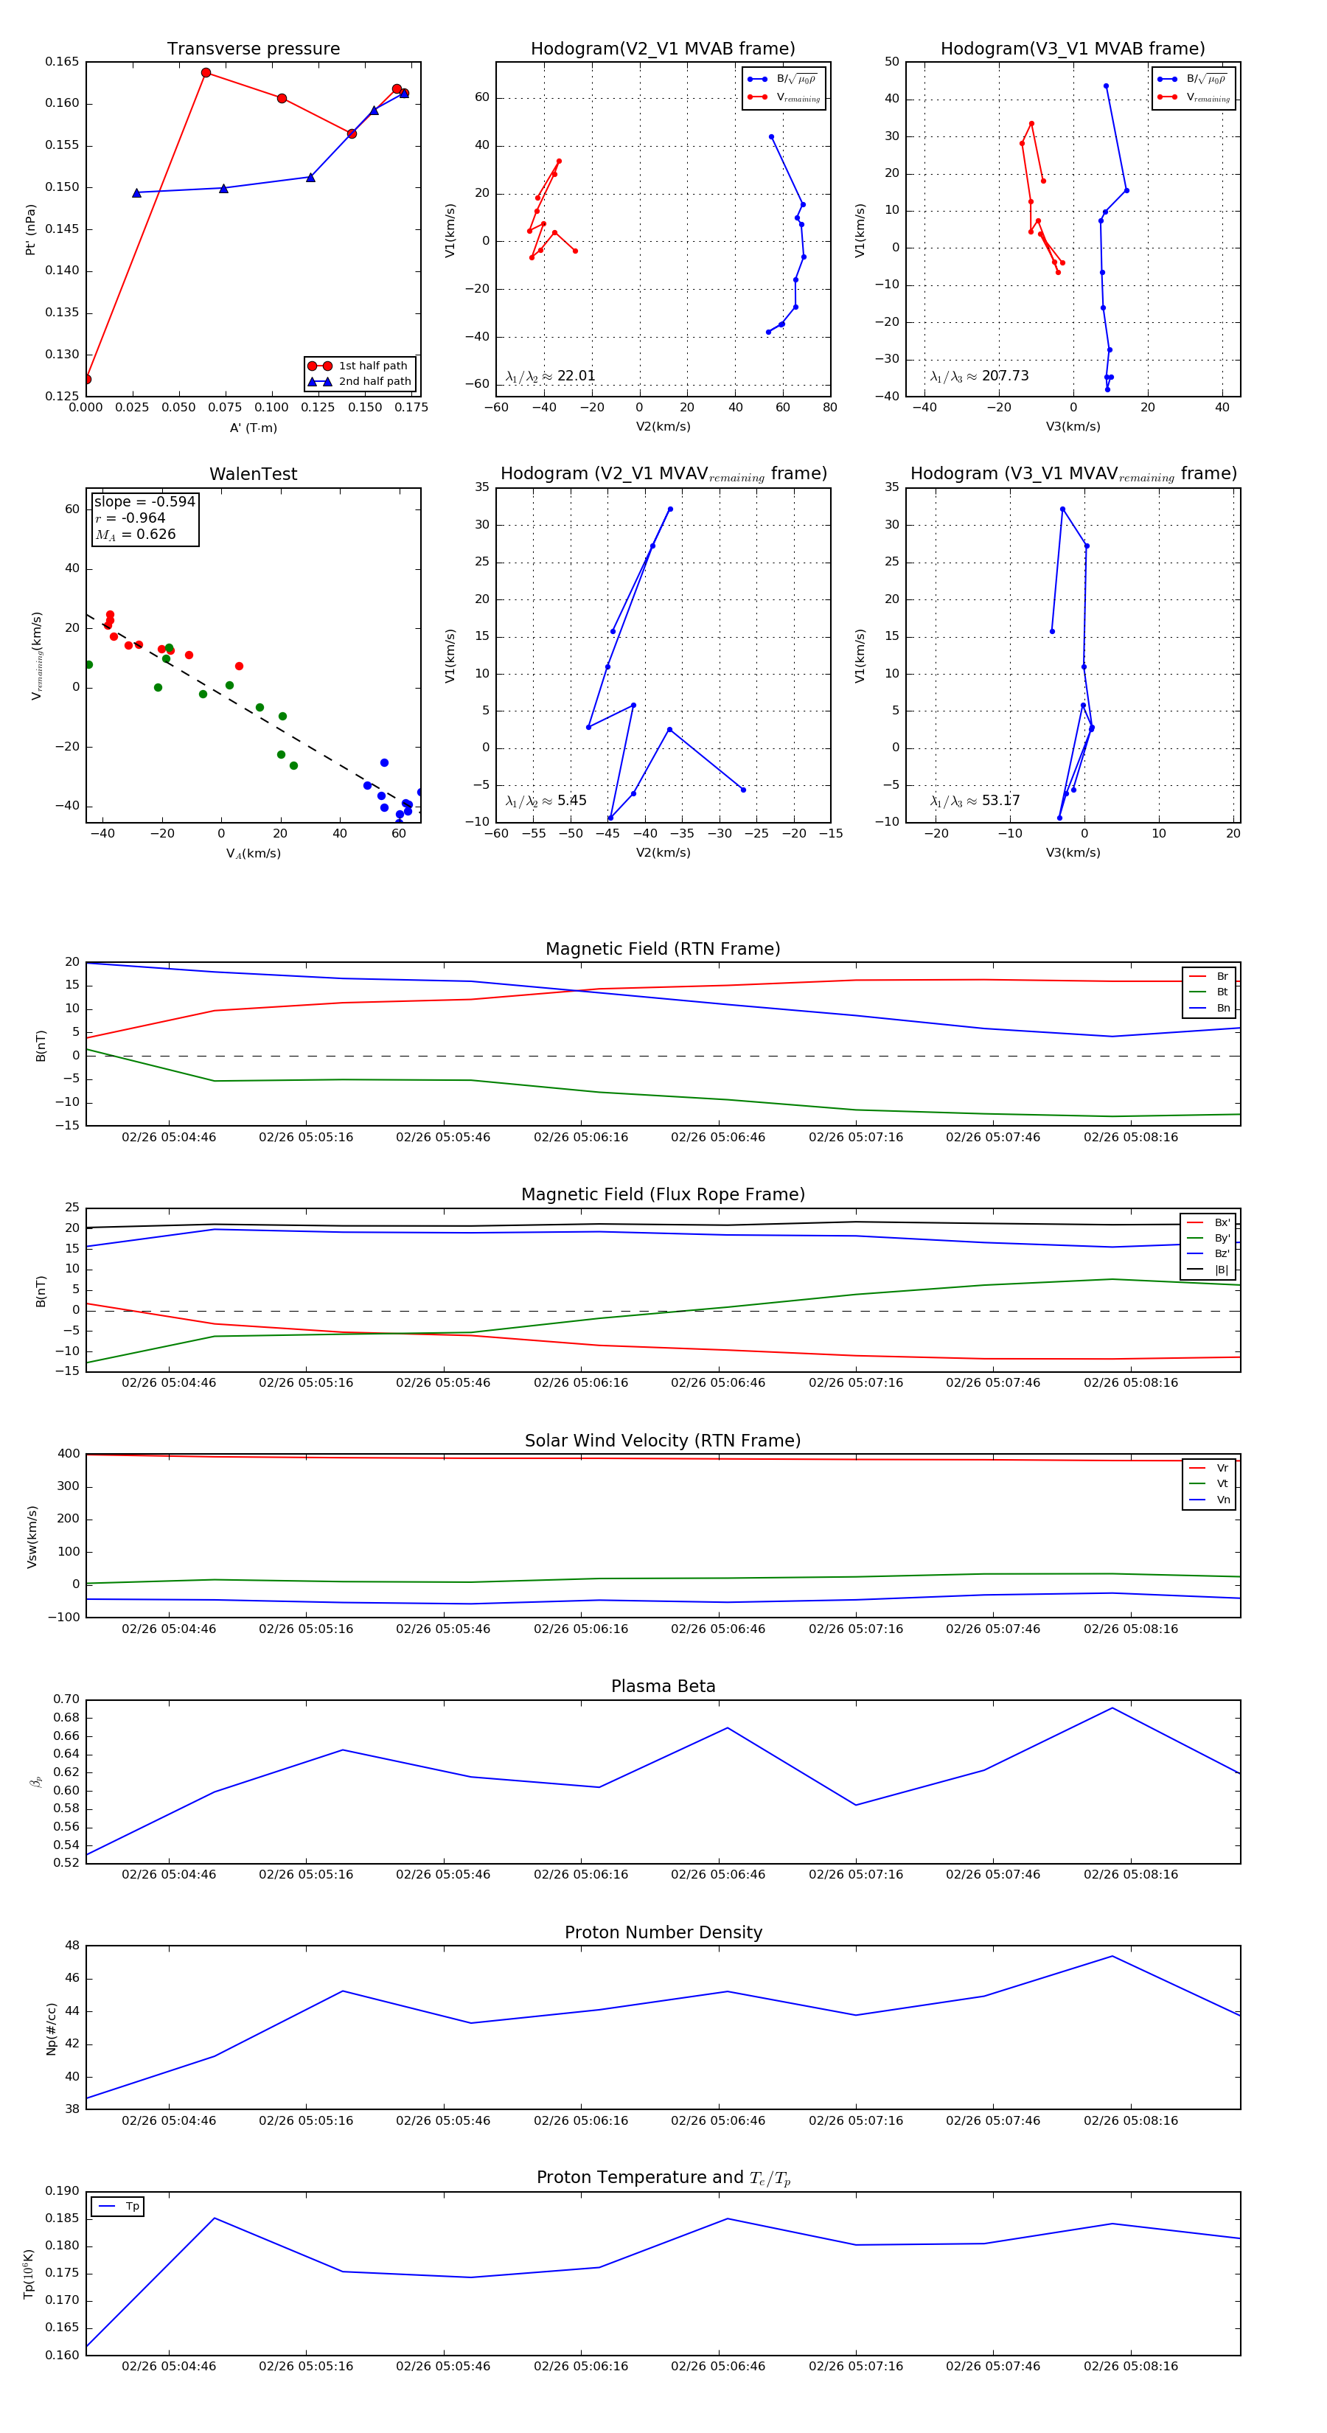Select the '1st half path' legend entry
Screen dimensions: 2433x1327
point(372,366)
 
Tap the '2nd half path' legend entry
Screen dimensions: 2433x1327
point(374,382)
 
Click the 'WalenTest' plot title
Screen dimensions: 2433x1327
point(253,474)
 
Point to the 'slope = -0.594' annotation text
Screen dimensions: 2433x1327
point(144,501)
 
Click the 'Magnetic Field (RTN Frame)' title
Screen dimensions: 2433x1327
point(663,949)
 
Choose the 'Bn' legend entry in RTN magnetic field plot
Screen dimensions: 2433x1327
point(1222,1008)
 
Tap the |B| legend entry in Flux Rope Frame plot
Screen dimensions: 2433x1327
point(1222,1270)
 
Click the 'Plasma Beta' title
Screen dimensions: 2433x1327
point(663,1687)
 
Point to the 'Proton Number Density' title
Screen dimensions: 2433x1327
point(663,1932)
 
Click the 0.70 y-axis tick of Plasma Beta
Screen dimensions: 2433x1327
point(66,1699)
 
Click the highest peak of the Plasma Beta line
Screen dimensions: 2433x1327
point(1112,1708)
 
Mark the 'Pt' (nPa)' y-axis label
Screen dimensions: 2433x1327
point(30,229)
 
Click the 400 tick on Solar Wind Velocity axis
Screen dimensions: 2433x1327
point(68,1454)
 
